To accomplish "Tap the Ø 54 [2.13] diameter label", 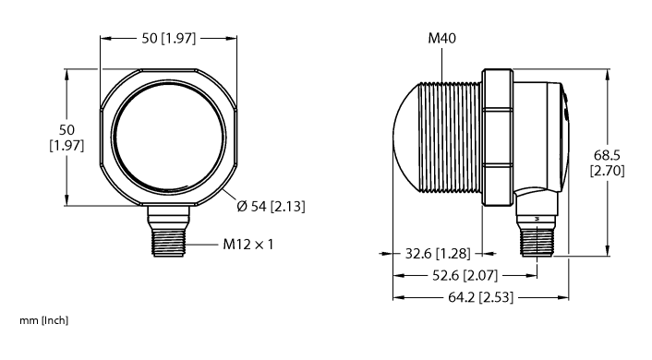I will tap(271, 206).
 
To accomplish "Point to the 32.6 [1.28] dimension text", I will tap(433, 254).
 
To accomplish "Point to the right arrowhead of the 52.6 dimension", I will tap(535, 275).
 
